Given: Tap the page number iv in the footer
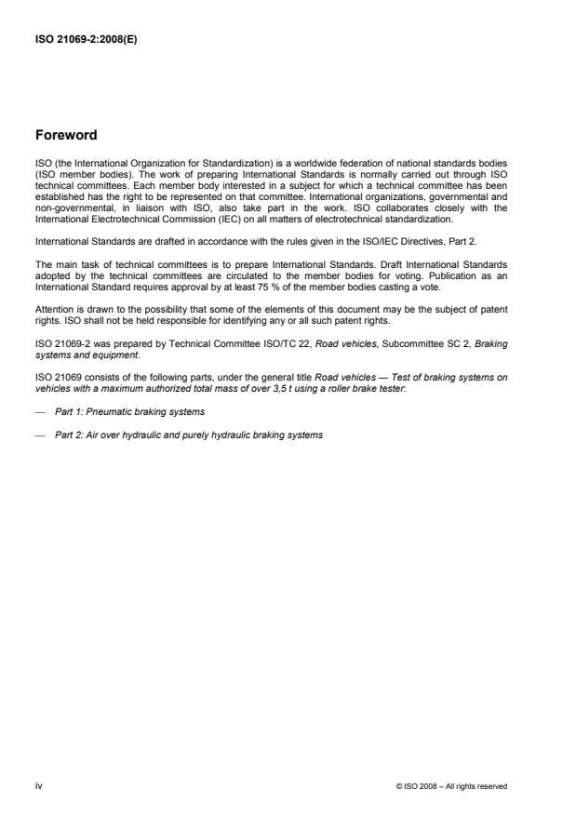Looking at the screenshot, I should coord(38,785).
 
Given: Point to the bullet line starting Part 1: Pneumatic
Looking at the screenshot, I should coord(130,411).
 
